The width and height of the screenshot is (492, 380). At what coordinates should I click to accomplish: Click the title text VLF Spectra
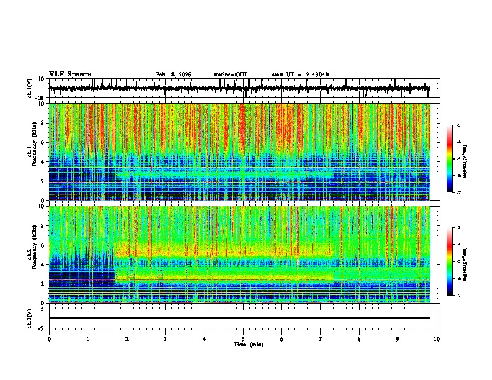point(70,75)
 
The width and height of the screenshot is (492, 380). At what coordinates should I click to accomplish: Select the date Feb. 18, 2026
point(173,75)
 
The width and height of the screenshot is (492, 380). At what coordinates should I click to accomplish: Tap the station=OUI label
point(230,75)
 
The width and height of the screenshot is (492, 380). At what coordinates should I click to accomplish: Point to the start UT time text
point(300,75)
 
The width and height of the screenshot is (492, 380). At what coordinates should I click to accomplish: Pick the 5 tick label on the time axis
point(243,338)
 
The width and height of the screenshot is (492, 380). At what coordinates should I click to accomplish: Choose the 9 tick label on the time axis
point(398,338)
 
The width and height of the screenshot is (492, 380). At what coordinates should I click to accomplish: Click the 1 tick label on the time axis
point(88,338)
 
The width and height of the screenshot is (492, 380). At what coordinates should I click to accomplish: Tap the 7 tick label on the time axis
point(321,338)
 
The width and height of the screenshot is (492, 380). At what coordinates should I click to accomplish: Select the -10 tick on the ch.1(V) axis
point(39,98)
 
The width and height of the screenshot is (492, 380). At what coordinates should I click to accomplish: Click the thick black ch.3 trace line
point(239,318)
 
